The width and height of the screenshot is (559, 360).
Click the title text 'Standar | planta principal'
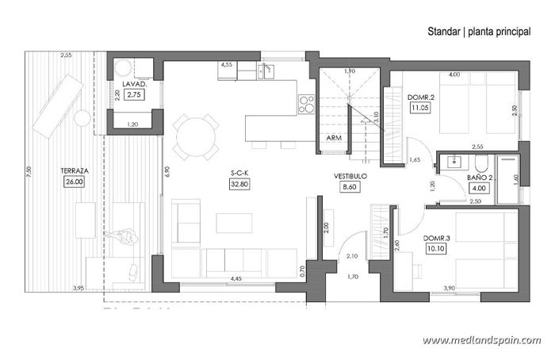[x=479, y=32]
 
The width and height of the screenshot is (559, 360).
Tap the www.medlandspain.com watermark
[x=481, y=340]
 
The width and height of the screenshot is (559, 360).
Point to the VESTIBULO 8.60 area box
[x=350, y=188]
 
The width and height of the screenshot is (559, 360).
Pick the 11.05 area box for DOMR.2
[x=419, y=109]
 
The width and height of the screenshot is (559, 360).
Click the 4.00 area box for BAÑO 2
[x=480, y=189]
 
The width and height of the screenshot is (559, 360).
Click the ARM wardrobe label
[x=334, y=137]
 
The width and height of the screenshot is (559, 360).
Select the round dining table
[x=197, y=136]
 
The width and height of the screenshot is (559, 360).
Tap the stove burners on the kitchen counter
[x=305, y=102]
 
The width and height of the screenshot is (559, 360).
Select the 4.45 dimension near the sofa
[x=235, y=278]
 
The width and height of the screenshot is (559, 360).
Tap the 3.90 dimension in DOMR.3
[x=449, y=288]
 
